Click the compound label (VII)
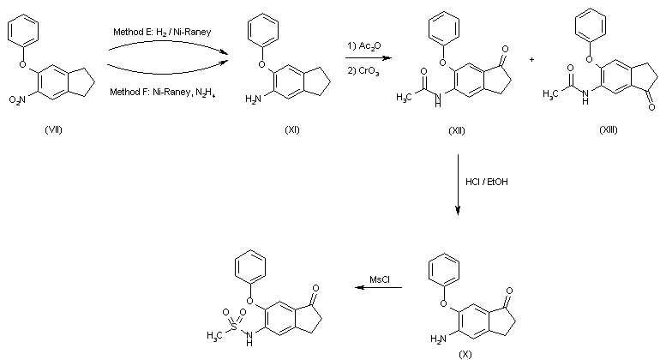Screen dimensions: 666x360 pos(53,129)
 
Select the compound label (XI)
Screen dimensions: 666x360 pos(292,129)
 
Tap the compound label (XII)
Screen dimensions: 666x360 pos(457,130)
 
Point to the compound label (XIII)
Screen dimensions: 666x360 pos(609,129)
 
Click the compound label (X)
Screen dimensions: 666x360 pos(465,354)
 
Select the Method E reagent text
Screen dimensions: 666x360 pos(162,33)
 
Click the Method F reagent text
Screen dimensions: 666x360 pos(162,92)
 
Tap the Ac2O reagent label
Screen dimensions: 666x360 pos(364,45)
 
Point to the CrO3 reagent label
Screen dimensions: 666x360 pos(363,71)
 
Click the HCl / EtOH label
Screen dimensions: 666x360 pos(487,182)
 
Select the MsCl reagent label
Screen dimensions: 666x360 pos(380,279)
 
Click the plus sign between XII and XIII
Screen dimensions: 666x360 pos(531,60)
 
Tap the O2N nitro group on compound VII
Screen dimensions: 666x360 pos(17,99)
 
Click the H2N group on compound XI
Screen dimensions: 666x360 pos(253,99)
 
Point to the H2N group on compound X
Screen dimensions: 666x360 pos(439,339)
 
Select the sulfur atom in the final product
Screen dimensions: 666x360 pos(234,327)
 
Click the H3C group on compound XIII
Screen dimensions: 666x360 pos(550,93)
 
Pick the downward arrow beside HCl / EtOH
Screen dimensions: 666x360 pos(458,184)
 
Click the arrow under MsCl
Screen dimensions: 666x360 pos(379,287)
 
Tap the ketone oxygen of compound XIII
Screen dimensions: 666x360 pos(651,107)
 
